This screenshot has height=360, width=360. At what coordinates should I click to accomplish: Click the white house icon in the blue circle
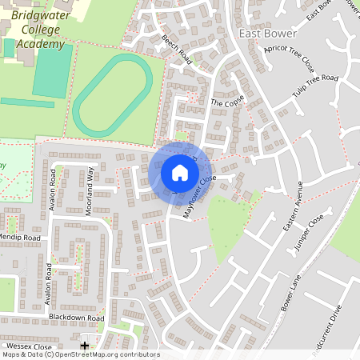179,173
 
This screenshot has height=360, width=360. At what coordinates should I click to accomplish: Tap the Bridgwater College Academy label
38,30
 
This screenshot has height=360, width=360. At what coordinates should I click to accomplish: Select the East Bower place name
268,34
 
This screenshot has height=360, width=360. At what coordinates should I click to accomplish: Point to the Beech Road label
177,49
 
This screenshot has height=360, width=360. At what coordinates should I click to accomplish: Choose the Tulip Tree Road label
315,89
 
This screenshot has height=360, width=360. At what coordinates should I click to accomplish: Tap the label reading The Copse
226,103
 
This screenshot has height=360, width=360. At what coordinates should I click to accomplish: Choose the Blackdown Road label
76,318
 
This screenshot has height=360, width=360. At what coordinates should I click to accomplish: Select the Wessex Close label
26,346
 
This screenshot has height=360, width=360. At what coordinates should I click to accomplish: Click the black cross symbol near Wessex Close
85,346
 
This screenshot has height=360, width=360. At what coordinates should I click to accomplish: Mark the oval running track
113,95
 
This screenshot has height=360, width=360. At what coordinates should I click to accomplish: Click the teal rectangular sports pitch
53,71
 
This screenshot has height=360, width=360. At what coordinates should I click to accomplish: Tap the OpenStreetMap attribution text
80,354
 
